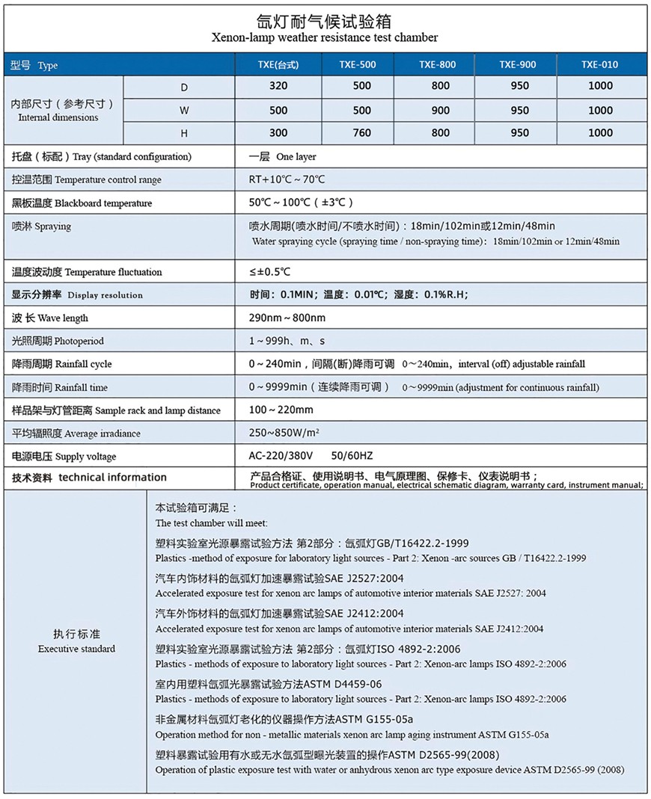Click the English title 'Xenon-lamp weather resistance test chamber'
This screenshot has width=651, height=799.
tap(325, 37)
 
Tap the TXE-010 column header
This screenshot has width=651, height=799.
tap(600, 65)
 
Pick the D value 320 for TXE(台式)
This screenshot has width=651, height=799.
tap(278, 86)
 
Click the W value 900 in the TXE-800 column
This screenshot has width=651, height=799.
tap(441, 110)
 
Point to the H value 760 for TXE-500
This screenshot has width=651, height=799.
tap(361, 133)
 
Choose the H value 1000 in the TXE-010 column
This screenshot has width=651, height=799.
tap(600, 133)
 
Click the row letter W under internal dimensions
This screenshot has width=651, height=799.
tap(184, 110)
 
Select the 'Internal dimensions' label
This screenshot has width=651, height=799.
tap(58, 117)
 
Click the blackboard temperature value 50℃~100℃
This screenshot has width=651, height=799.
tap(300, 203)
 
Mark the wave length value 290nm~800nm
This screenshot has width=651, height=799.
tap(287, 318)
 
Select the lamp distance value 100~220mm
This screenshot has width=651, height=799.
tap(281, 410)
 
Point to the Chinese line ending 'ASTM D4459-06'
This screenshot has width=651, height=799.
tap(269, 684)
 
